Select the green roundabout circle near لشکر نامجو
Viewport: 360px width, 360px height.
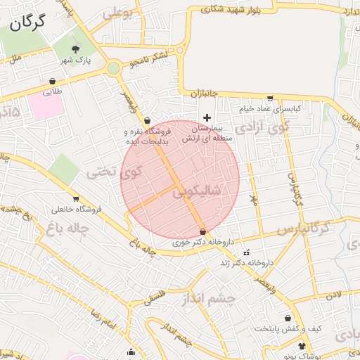113,68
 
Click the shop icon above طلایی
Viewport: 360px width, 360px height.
53,81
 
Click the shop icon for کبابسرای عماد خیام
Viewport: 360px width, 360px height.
271,98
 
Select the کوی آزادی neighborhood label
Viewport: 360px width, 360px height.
262,128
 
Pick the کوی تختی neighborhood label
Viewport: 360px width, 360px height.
113,169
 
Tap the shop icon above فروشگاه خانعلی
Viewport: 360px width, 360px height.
75,198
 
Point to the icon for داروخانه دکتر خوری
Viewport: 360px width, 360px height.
203,231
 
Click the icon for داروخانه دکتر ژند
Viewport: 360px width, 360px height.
245,252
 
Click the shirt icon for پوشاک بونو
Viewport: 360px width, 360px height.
302,346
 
